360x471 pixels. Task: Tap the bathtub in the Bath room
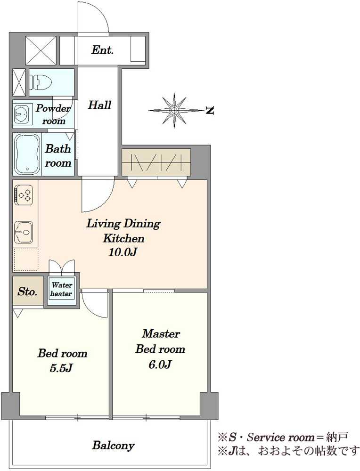pyautogui.click(x=28, y=154)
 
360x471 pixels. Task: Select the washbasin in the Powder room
pyautogui.click(x=21, y=114)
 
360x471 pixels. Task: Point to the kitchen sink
pyautogui.click(x=24, y=232)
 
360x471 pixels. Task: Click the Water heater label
pyautogui.click(x=61, y=289)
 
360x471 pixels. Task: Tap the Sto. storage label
pyautogui.click(x=27, y=292)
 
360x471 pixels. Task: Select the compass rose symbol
pyautogui.click(x=174, y=110)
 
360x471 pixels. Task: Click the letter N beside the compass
pyautogui.click(x=210, y=111)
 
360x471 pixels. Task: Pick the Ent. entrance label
pyautogui.click(x=102, y=50)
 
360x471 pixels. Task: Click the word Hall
pyautogui.click(x=99, y=105)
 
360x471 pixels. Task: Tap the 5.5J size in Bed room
pyautogui.click(x=62, y=368)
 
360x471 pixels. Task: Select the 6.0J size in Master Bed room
pyautogui.click(x=160, y=365)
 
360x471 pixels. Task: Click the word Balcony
pyautogui.click(x=113, y=445)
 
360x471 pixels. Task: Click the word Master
pyautogui.click(x=161, y=333)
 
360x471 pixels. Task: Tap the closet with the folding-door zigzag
pyautogui.click(x=156, y=162)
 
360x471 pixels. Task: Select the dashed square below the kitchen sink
pyautogui.click(x=26, y=259)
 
